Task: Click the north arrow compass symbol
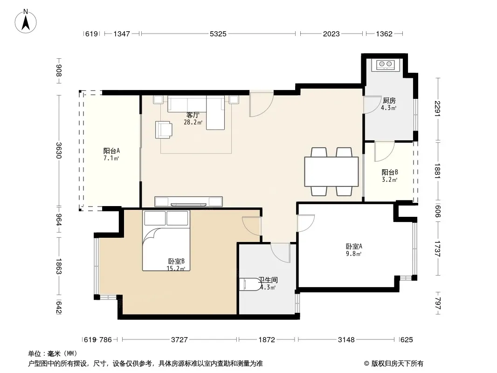pos(26,21)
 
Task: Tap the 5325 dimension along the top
pos(218,34)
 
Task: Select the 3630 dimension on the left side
pos(59,151)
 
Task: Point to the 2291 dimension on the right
pos(438,108)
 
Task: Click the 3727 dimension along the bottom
pos(179,340)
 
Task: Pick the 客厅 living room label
pos(193,115)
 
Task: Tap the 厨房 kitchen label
pos(389,100)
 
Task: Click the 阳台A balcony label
pos(111,151)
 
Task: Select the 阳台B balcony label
pos(390,173)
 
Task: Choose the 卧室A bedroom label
pos(354,246)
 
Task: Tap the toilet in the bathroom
pos(249,284)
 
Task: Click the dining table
pos(331,172)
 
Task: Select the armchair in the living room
pos(164,130)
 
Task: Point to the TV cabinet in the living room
pos(189,201)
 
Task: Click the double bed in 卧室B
pos(166,241)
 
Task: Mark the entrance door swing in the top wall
pos(262,104)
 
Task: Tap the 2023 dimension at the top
pos(331,34)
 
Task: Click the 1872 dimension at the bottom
pos(267,340)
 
